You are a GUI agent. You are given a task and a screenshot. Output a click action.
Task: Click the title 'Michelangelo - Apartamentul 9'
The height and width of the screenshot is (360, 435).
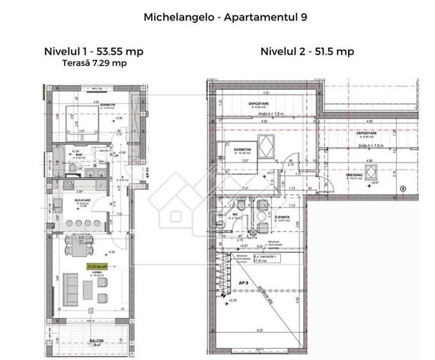coord(225,17)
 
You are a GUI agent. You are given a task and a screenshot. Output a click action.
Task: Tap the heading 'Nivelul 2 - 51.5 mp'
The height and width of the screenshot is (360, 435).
coord(307,52)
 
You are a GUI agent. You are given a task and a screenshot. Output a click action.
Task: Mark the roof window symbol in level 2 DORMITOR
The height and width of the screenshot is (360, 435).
coord(264,146)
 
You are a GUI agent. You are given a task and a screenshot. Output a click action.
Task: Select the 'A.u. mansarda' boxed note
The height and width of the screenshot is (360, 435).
coord(265,258)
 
